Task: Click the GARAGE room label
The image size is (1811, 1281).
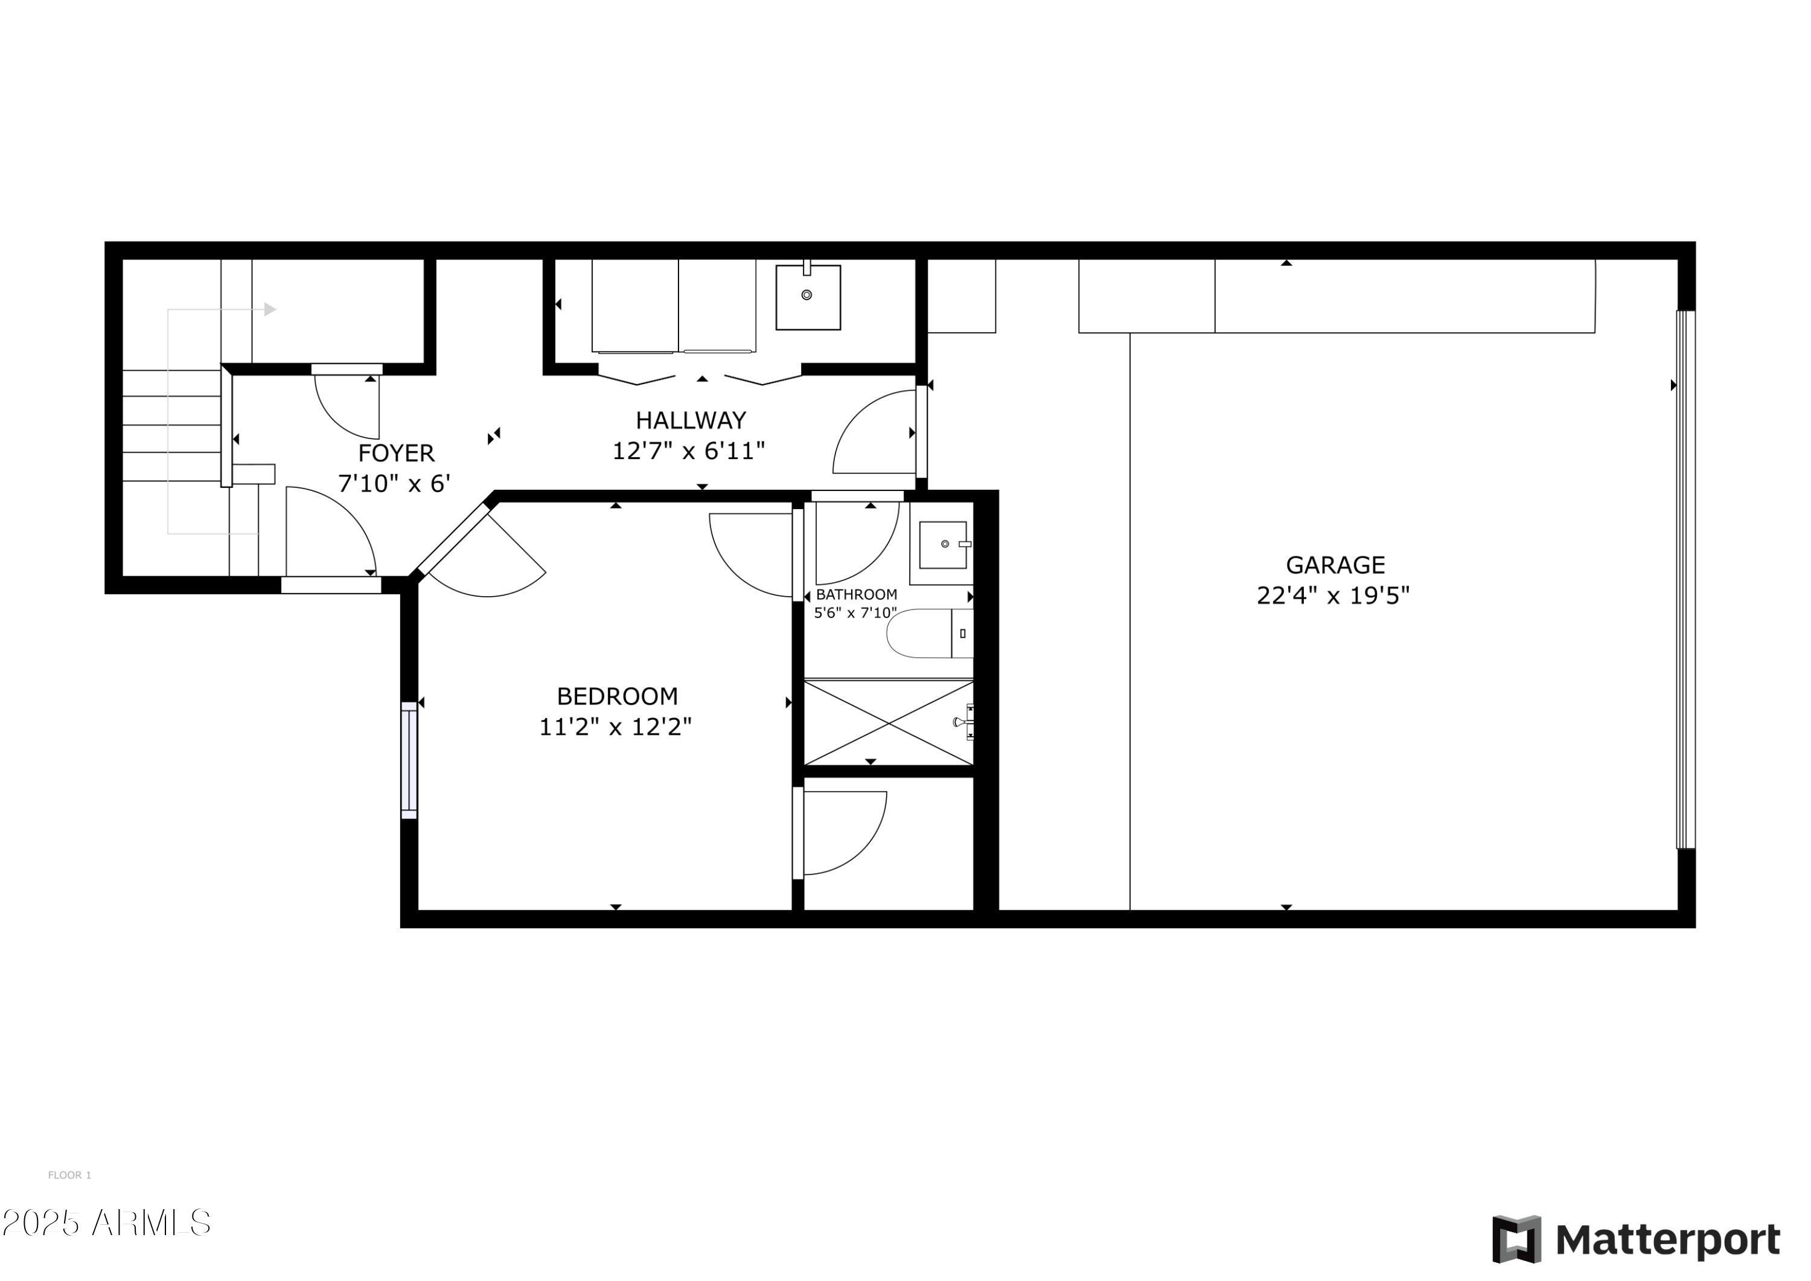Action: [1335, 565]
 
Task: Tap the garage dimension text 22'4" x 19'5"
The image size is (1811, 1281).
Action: [1332, 595]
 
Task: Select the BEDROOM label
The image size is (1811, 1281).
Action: [617, 696]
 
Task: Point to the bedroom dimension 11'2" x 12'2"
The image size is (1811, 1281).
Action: [615, 726]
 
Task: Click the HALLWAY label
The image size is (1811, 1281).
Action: [691, 420]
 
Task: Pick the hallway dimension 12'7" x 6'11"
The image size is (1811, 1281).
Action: [689, 451]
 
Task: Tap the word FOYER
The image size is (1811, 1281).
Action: [396, 453]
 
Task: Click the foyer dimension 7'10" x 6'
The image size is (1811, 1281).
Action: [394, 483]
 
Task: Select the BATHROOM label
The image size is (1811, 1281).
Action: [856, 594]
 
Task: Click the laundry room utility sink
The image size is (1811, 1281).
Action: [807, 297]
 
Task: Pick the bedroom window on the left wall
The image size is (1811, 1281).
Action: [409, 760]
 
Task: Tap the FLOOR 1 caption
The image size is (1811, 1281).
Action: [69, 1175]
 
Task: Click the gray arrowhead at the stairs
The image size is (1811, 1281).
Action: [270, 309]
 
